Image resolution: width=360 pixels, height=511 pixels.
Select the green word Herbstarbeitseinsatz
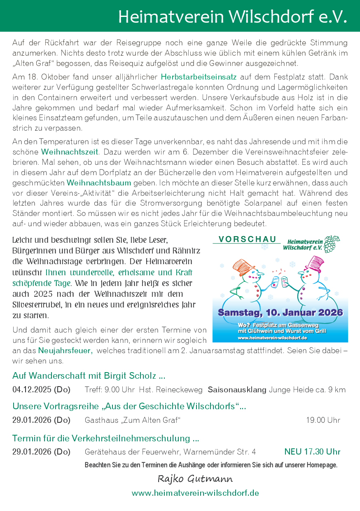(199, 77)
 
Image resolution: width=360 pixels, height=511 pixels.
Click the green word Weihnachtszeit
(70, 152)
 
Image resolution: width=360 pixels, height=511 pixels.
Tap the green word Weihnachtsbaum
(99, 183)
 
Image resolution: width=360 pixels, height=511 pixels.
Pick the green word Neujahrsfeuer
(65, 351)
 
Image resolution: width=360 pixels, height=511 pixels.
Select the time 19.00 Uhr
(323, 420)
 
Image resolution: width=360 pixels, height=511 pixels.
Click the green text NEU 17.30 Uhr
(312, 452)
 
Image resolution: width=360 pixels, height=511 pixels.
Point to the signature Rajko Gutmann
(195, 478)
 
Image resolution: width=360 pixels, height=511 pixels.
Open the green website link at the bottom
(195, 493)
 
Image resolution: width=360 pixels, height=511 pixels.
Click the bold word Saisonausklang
(237, 389)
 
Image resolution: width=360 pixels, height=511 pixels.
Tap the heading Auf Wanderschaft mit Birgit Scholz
(89, 376)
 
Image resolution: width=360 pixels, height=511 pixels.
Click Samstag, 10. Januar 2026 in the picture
(280, 312)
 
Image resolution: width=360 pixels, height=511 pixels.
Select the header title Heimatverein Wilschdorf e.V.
(232, 16)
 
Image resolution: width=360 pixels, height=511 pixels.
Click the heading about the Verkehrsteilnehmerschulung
(106, 438)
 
